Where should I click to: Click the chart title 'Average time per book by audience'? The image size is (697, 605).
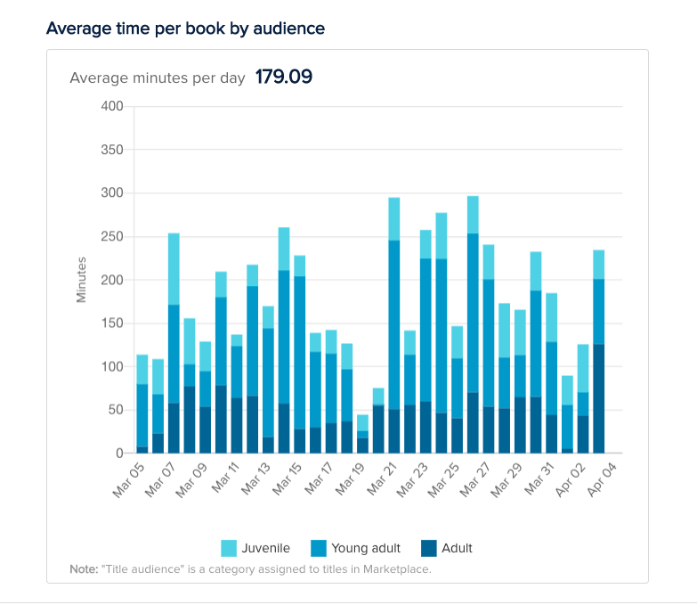[185, 29]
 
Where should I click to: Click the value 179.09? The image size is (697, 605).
[283, 77]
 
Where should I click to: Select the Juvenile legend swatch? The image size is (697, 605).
[229, 548]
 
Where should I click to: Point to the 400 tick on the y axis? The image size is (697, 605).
[112, 106]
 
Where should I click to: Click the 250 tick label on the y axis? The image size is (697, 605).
[112, 236]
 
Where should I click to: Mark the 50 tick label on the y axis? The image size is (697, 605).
[116, 410]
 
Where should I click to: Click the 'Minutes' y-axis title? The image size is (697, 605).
[82, 280]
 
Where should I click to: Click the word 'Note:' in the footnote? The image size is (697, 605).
[84, 568]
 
